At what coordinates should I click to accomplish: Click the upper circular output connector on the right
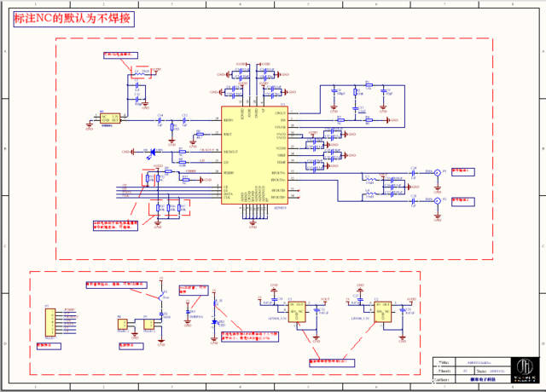[439, 174]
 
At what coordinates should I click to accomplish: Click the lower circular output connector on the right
[439, 202]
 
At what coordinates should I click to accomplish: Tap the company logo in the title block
[526, 364]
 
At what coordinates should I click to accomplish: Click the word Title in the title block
[443, 361]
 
